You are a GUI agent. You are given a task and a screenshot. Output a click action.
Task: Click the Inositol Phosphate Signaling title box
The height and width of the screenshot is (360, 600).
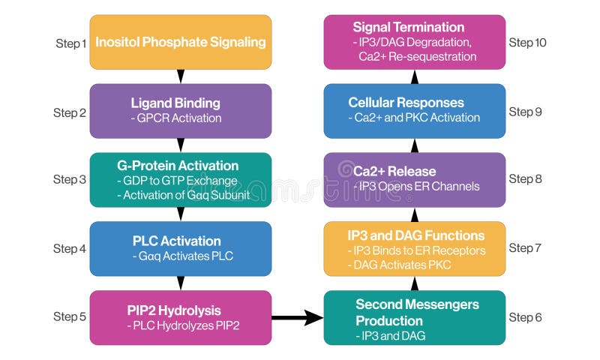(180, 42)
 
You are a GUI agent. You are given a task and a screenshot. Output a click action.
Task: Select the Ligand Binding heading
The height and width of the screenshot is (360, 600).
(175, 103)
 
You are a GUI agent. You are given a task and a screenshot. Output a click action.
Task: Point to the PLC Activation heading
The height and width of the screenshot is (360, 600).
(176, 241)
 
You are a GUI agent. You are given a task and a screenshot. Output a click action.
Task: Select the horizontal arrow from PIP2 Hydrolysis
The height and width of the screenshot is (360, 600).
(296, 318)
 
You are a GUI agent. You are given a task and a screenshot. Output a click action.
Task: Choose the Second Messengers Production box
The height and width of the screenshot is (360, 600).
(414, 318)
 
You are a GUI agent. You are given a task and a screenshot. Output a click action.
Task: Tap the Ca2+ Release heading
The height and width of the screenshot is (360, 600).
(394, 171)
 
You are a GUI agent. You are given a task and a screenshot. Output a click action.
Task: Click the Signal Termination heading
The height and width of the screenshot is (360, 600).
(409, 27)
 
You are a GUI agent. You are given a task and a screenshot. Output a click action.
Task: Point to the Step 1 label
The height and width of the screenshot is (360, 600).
(71, 43)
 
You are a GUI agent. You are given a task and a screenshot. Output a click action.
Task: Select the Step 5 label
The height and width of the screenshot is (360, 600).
(70, 316)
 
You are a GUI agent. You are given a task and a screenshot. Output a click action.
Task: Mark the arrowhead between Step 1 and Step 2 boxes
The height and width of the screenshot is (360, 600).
(180, 76)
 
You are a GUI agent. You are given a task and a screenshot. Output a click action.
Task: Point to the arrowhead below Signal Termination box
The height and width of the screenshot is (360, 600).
(415, 76)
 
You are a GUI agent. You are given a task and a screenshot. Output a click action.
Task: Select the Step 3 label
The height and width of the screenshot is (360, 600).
(70, 179)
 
